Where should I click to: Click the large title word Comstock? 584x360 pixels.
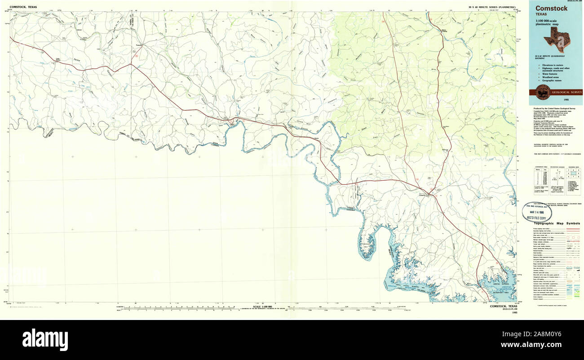[x=551, y=8]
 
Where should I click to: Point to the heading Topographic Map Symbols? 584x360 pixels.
[x=557, y=223]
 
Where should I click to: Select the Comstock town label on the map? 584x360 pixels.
[x=422, y=195]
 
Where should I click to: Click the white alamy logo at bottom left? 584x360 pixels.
[x=45, y=338]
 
